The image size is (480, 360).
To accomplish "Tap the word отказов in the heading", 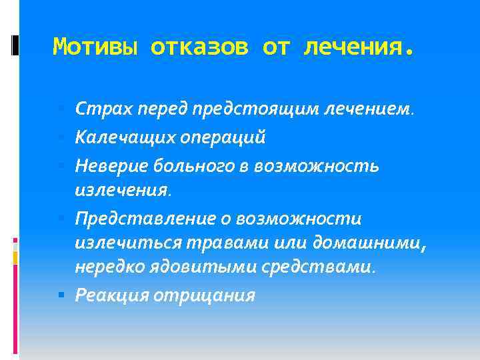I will point(199,47).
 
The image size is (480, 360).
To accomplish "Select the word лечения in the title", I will point(359,47).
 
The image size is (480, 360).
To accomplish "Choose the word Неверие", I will point(109,165).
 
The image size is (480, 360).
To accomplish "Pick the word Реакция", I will point(112,295).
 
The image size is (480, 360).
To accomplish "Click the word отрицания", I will point(204,295).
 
